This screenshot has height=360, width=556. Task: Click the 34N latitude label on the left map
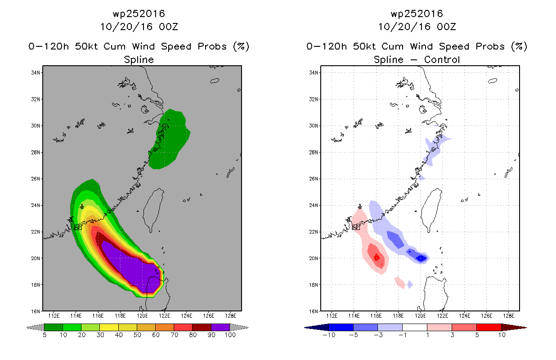click(35, 73)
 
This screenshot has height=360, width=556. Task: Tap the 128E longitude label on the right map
click(508, 316)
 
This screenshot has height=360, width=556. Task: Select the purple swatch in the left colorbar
click(220, 327)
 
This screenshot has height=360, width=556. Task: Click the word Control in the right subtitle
click(442, 59)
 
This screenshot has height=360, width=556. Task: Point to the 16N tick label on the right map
click(313, 311)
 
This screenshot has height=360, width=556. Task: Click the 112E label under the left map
click(54, 316)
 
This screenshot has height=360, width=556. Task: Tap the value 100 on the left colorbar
click(230, 335)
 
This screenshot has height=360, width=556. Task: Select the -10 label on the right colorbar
click(329, 335)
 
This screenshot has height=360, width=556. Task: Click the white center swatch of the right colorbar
click(415, 327)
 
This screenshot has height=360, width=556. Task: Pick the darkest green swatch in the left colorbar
click(54, 327)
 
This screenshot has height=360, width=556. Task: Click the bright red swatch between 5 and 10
click(489, 327)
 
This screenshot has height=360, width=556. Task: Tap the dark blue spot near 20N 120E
click(421, 258)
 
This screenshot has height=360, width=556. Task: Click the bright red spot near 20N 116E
click(377, 257)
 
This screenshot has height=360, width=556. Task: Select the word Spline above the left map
click(139, 60)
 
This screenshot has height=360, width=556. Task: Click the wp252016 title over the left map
click(139, 13)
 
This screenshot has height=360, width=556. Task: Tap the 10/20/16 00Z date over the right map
click(417, 27)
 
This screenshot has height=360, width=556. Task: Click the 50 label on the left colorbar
click(137, 335)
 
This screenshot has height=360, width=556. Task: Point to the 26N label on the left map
click(35, 179)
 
